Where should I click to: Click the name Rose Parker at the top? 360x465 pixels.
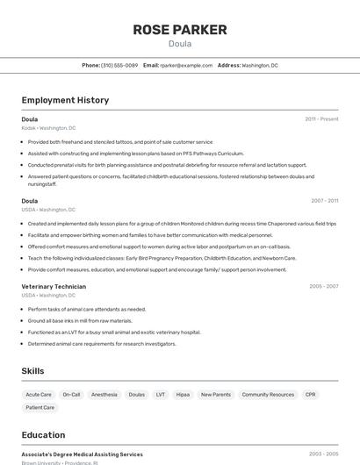179,30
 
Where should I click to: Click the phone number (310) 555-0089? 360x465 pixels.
119,65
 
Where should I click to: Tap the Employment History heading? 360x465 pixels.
65,100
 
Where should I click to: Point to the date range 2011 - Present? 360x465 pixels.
321,119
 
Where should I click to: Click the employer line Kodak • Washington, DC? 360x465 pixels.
48,128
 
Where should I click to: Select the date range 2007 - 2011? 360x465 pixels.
324,201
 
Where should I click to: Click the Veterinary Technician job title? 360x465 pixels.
54,286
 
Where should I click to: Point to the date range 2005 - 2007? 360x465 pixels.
323,286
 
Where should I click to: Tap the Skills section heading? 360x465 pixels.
32,371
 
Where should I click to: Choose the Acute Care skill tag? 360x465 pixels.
39,395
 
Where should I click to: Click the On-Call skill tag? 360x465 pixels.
71,395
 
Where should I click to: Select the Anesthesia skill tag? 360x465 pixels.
104,395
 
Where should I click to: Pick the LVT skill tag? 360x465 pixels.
161,395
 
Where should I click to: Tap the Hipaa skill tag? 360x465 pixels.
183,395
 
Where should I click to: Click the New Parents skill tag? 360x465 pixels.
216,395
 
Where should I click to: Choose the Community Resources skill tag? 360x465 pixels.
268,395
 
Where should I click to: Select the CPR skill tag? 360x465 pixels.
311,395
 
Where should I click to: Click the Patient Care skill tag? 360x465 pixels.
40,407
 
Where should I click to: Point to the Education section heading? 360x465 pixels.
43,435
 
